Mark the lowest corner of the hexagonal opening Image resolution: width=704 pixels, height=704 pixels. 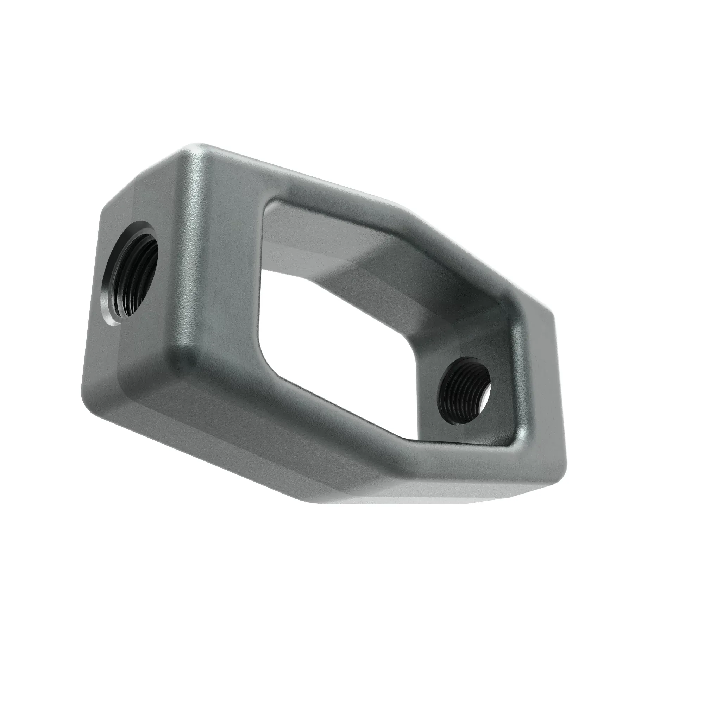(x=404, y=435)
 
